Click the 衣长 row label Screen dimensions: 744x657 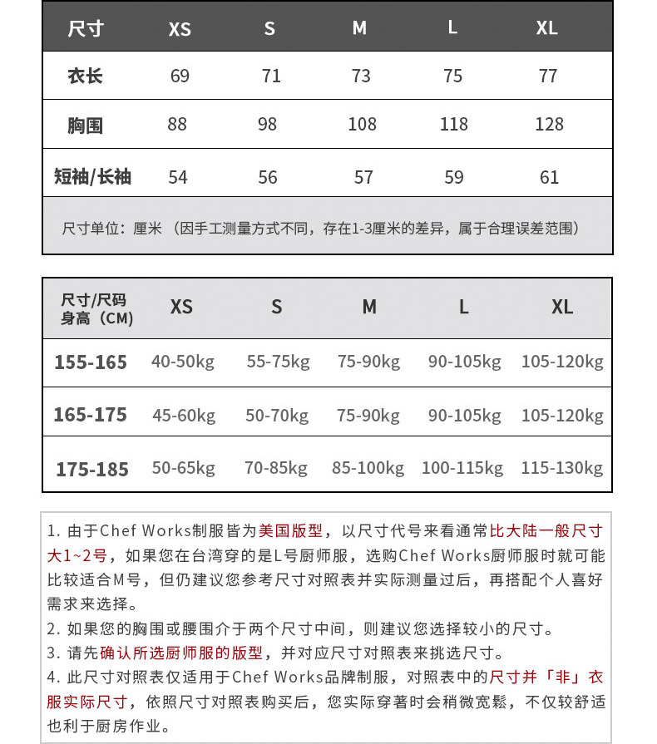pyautogui.click(x=85, y=76)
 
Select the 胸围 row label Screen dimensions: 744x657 pyautogui.click(x=85, y=126)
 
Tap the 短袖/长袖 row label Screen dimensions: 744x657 pyautogui.click(x=92, y=176)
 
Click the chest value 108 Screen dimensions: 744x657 pyautogui.click(x=362, y=125)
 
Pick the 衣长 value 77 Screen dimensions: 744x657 pyautogui.click(x=547, y=76)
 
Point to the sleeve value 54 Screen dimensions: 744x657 pyautogui.click(x=178, y=177)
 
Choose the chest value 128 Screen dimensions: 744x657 pyautogui.click(x=549, y=125)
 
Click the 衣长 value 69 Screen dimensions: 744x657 pyautogui.click(x=180, y=76)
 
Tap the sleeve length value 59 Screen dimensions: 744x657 pyautogui.click(x=454, y=177)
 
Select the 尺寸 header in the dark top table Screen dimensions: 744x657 pyautogui.click(x=86, y=28)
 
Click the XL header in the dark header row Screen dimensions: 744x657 pyautogui.click(x=546, y=28)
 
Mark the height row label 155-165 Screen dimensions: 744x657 pyautogui.click(x=91, y=362)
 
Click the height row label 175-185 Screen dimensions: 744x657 pyautogui.click(x=92, y=470)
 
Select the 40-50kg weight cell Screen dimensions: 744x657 pyautogui.click(x=183, y=362)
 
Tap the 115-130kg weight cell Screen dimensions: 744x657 pyautogui.click(x=561, y=468)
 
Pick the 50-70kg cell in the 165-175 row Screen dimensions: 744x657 pyautogui.click(x=277, y=415)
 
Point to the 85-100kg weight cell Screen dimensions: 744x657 pyautogui.click(x=368, y=468)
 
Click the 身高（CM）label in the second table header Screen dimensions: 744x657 pyautogui.click(x=96, y=318)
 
